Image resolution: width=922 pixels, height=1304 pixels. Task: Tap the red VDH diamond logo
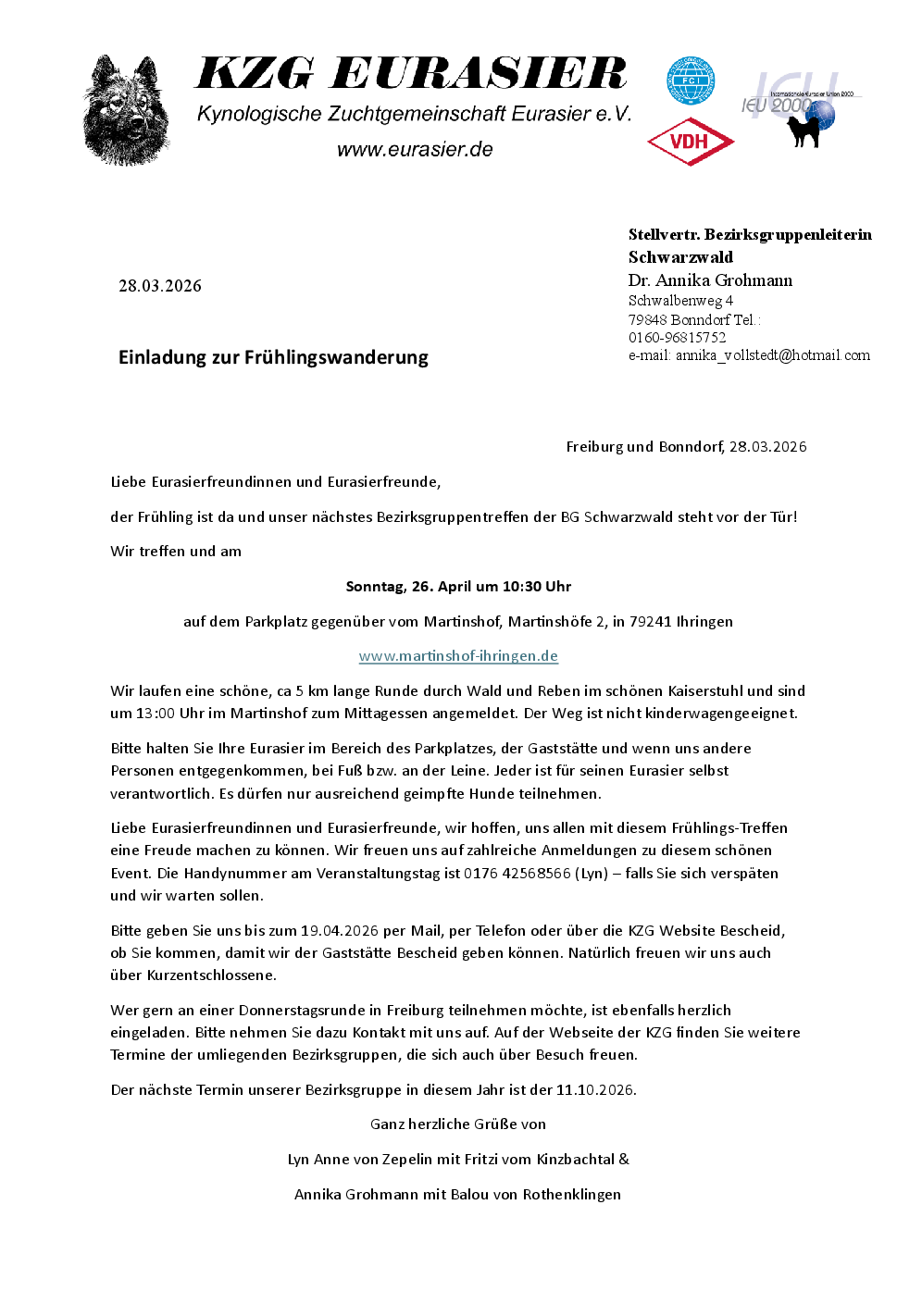point(691,142)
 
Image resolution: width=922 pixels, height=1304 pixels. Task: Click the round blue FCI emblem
point(691,81)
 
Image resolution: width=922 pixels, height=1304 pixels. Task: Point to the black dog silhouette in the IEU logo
point(804,130)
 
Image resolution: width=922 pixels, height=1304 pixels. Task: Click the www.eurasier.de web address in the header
point(415,150)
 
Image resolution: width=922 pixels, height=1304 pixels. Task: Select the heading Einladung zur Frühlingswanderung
point(273,357)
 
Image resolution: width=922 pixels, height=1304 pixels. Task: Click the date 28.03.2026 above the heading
point(160,286)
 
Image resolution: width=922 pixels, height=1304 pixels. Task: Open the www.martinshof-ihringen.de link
point(458,656)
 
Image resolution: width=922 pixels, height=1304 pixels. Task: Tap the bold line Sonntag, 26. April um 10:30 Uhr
point(458,587)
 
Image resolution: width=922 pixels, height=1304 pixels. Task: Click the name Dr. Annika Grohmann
point(710,280)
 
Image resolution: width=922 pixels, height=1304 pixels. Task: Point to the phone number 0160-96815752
point(678,338)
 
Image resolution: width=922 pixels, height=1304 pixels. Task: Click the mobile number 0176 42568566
point(517,874)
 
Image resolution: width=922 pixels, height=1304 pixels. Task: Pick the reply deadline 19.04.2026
point(340,931)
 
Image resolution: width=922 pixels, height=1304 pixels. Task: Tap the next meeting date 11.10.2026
point(595,1090)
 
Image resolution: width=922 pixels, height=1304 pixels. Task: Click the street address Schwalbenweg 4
point(680,301)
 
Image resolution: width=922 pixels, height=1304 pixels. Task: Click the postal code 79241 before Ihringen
point(651,622)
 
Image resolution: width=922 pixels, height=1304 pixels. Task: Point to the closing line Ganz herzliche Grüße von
point(458,1124)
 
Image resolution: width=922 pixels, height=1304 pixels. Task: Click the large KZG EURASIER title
point(412,74)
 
